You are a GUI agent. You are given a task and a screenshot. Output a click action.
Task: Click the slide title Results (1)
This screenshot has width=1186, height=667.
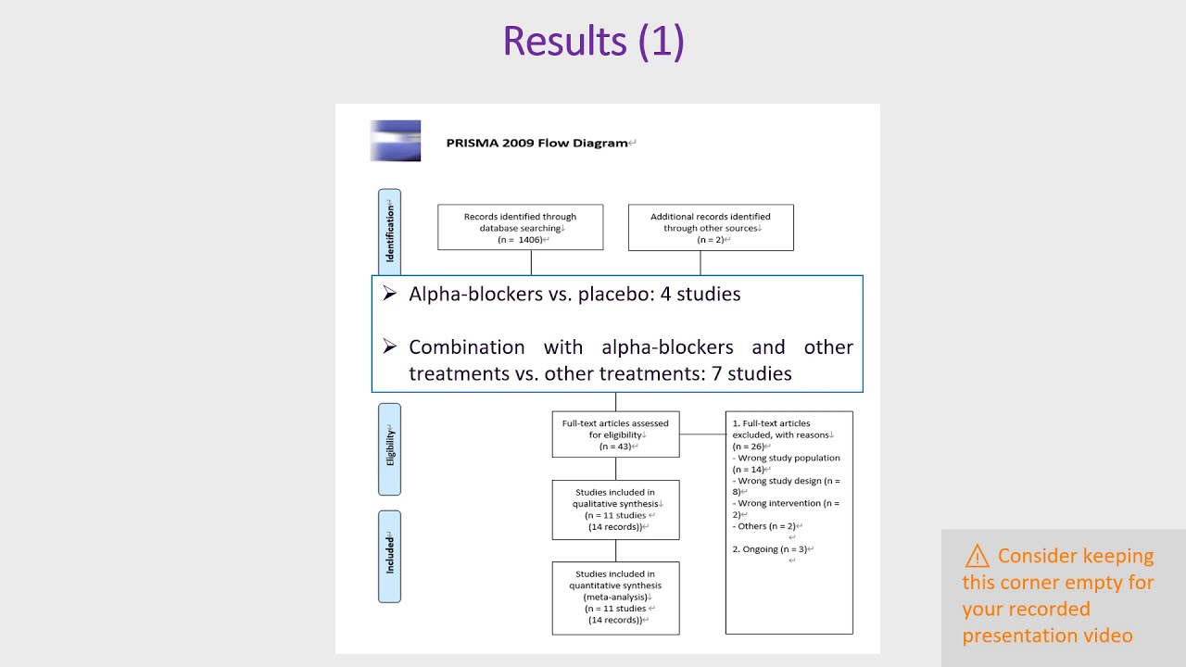(x=593, y=42)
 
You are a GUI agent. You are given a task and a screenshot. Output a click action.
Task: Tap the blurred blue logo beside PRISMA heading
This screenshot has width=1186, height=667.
(x=396, y=141)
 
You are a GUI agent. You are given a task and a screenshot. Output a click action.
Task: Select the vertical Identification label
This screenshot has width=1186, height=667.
(x=390, y=232)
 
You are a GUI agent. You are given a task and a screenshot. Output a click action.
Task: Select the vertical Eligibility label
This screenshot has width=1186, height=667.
(x=390, y=448)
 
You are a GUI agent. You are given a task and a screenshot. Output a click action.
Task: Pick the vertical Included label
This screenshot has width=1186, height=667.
(x=390, y=555)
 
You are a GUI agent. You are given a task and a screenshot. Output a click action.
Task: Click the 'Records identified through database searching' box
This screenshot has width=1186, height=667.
(x=520, y=227)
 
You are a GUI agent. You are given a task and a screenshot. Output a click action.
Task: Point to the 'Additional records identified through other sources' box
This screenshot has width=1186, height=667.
(x=711, y=227)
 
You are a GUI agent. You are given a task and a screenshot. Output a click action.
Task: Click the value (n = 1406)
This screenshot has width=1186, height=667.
(x=521, y=240)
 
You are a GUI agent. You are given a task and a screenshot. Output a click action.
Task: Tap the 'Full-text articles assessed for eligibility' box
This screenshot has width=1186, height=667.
(x=615, y=434)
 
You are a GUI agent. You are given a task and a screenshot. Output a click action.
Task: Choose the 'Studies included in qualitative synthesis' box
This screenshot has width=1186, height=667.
(x=615, y=510)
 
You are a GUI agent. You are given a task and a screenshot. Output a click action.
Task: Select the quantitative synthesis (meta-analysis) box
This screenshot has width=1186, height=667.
(x=615, y=598)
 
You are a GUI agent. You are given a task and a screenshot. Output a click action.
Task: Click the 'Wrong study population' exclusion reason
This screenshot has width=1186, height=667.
(x=788, y=458)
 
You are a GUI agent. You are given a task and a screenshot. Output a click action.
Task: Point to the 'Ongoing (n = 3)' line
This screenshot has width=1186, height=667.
(x=772, y=549)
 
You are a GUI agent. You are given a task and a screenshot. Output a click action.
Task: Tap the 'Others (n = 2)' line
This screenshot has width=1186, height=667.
(x=765, y=526)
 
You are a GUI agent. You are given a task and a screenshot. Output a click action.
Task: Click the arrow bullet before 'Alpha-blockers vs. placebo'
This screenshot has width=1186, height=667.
(x=390, y=293)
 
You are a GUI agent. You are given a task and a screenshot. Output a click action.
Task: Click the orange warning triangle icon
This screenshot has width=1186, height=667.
(x=977, y=556)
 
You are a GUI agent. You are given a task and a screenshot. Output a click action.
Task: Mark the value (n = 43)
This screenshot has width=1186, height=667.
(x=615, y=447)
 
